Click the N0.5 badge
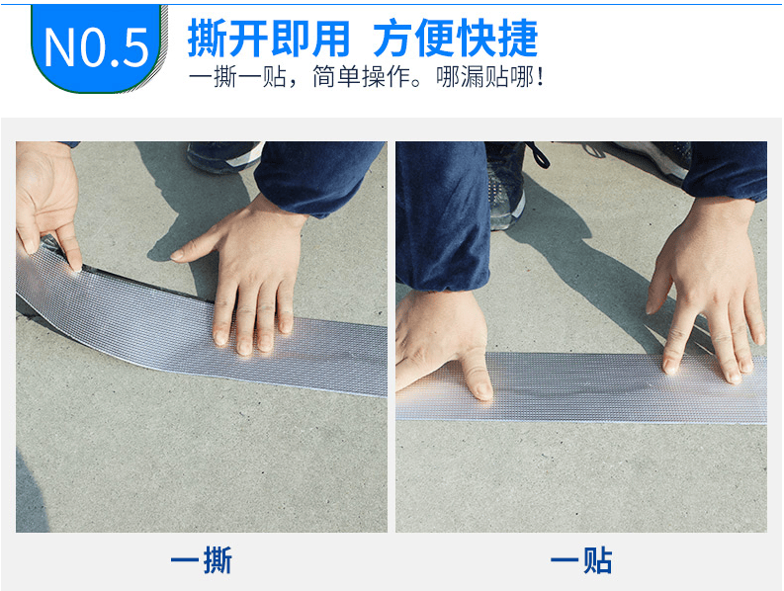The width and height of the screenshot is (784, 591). [96, 44]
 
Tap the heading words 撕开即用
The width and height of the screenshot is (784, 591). [268, 38]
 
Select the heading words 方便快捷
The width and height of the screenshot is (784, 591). [456, 38]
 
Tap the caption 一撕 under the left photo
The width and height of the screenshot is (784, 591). [201, 561]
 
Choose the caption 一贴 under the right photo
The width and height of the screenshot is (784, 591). [581, 561]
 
